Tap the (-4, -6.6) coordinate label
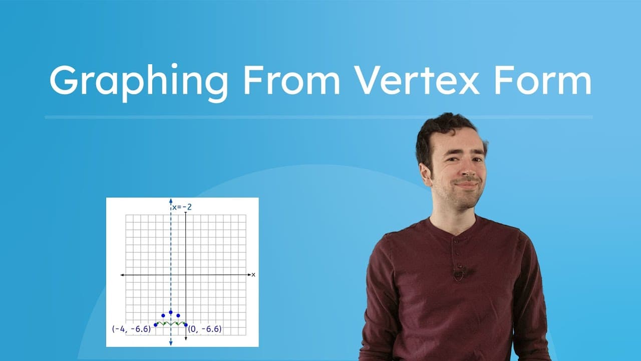[x=131, y=329]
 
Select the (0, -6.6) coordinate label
[x=204, y=329]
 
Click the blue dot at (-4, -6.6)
[x=156, y=325]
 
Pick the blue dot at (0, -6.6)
[x=186, y=325]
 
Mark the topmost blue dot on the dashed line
[x=171, y=312]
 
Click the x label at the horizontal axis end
[x=253, y=275]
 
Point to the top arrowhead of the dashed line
[x=171, y=202]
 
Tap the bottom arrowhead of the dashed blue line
[x=171, y=343]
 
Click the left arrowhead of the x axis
[x=122, y=275]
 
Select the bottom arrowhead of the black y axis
[x=186, y=339]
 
